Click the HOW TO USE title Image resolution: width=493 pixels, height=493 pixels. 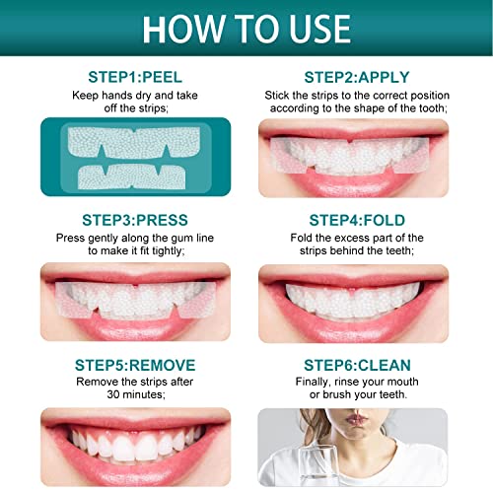[246, 28]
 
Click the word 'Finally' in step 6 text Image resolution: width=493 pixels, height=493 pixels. [316, 383]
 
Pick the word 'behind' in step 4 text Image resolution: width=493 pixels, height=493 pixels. [363, 253]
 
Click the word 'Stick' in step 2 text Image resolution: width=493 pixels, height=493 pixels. [280, 96]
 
